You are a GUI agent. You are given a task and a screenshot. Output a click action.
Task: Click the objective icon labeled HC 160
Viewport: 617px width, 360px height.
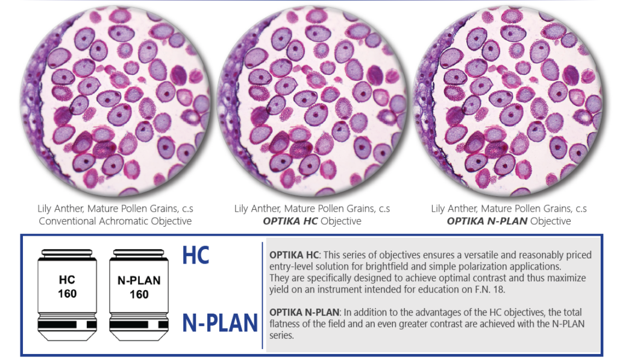click(67, 295)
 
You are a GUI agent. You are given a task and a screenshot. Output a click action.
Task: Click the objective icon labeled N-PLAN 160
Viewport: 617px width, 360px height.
click(139, 295)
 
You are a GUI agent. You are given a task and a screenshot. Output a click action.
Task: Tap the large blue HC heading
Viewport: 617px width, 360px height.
click(196, 255)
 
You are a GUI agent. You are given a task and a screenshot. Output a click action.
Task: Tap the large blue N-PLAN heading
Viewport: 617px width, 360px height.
click(220, 323)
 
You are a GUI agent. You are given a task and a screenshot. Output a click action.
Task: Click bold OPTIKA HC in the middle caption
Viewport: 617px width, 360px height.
click(290, 221)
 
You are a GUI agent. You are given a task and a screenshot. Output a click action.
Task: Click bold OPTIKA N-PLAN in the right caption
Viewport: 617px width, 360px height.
click(487, 221)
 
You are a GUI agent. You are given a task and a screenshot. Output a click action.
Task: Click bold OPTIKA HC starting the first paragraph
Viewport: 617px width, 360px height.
click(295, 255)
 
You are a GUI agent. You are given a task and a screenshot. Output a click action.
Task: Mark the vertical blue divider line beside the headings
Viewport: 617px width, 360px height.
click(262, 295)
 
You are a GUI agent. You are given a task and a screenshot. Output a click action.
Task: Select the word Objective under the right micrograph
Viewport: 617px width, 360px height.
click(551, 221)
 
